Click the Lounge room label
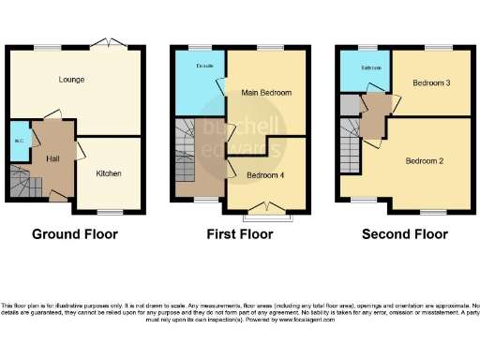coord(71,80)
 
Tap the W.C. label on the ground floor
coord(19,142)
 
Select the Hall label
coord(52,158)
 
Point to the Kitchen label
coord(108,173)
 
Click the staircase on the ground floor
coord(21,178)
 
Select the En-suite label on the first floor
coord(199,67)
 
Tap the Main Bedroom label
coord(266,93)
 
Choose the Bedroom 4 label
coord(265,175)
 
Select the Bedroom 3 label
coord(431,83)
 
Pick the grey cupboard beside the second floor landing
coord(349,104)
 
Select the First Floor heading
coord(239,234)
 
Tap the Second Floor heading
coord(404,234)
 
